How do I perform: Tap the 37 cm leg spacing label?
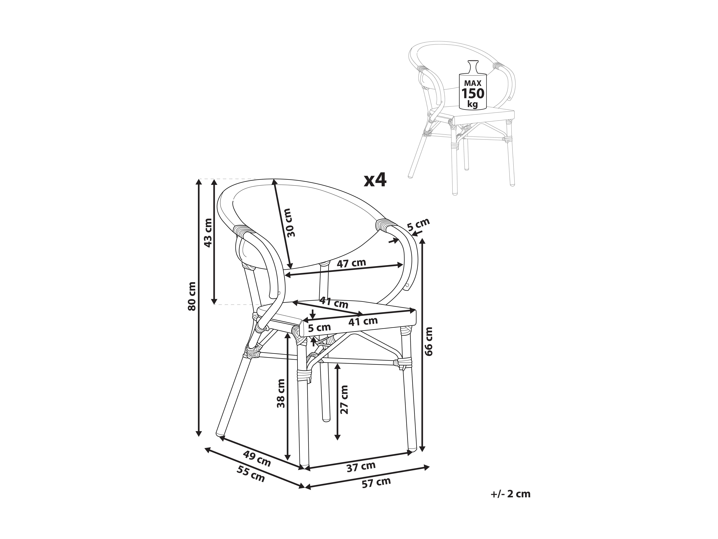(361, 467)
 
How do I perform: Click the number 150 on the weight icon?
(473, 94)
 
